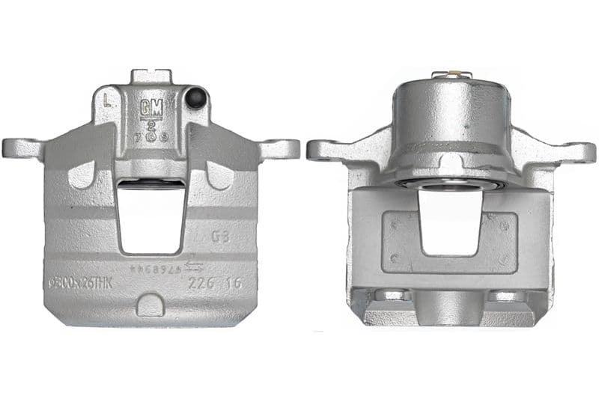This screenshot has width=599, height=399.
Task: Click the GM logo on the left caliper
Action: point(150,106)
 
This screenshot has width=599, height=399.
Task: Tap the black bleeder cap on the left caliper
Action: point(197,98)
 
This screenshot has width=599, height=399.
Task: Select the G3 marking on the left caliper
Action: point(220,237)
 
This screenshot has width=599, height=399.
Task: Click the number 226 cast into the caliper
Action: point(199,284)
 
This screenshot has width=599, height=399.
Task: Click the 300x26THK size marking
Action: point(81,284)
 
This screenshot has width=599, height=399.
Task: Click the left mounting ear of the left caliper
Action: point(21,147)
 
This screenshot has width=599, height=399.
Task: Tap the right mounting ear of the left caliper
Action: point(282,147)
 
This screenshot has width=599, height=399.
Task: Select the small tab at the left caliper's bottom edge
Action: point(150,305)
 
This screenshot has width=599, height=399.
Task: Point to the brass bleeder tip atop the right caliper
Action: point(451,74)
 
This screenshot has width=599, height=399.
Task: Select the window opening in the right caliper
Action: point(449,220)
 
